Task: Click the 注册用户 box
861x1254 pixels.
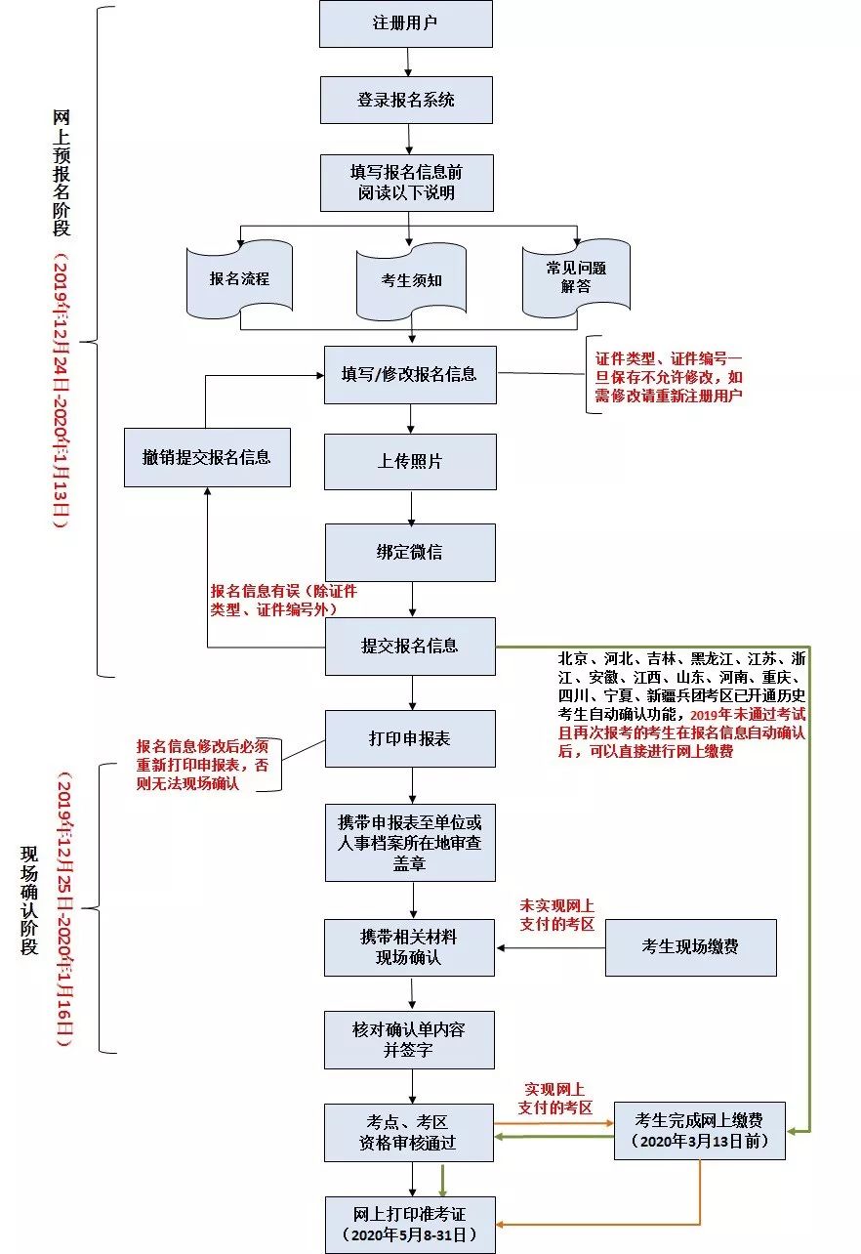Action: coord(405,23)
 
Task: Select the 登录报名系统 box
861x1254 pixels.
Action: coord(406,101)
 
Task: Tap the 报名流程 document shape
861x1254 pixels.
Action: coord(239,278)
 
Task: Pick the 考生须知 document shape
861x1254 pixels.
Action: coord(411,281)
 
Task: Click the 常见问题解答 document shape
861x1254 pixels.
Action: coord(576,277)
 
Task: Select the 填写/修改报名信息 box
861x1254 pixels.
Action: coord(410,374)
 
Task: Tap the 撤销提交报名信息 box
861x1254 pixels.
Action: coord(207,457)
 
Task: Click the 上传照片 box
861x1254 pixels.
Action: coord(410,462)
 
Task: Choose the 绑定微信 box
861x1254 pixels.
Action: coord(410,553)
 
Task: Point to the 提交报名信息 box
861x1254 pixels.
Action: coord(410,646)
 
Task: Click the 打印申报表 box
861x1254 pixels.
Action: coord(410,738)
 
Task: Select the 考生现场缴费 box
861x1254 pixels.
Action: coord(691,947)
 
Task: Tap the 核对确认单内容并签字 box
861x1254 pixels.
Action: coord(409,1039)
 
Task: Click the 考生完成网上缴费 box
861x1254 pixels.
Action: coord(700,1130)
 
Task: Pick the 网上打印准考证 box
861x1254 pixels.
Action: coord(410,1225)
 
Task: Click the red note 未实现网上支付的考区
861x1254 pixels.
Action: coord(557,915)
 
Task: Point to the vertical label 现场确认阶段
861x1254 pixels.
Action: coord(29,900)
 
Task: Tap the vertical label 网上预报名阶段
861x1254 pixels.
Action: coord(61,173)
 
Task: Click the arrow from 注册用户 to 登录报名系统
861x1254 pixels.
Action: coord(408,63)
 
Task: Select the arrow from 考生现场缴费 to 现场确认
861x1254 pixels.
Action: coord(552,947)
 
